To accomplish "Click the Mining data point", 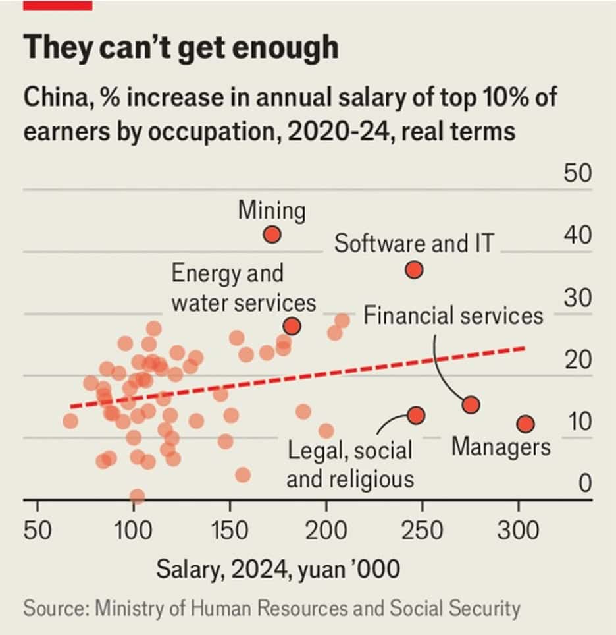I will (272, 235).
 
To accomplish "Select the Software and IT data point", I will (414, 270).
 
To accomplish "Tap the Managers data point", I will (525, 424).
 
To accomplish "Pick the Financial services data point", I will (471, 404).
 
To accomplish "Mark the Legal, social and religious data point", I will (416, 415).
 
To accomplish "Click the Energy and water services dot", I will (292, 326).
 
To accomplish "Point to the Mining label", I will (272, 211).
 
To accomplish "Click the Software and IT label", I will (413, 244).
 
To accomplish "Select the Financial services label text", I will (453, 316).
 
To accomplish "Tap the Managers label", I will (501, 447).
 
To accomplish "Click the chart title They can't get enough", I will (181, 48).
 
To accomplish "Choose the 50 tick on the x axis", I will (38, 530).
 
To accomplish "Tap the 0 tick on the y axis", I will (586, 484).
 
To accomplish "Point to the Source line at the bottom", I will (271, 608).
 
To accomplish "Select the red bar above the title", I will (57, 5).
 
